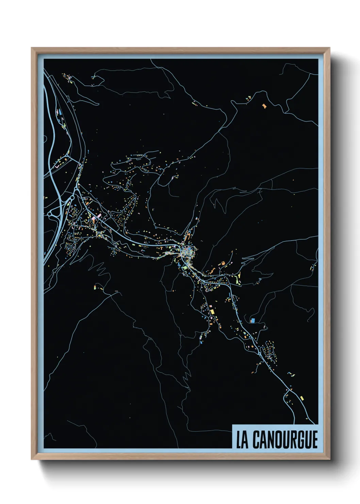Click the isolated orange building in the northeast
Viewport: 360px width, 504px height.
coord(264,106)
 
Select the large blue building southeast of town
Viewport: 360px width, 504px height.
coord(252,320)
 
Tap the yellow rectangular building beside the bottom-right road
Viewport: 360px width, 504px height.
coord(302,398)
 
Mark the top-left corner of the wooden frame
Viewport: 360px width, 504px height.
coord(32,48)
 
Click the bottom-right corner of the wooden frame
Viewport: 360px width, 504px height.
coord(329,459)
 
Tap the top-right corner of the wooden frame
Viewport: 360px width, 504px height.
coord(329,48)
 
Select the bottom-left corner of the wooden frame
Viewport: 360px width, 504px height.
coord(32,459)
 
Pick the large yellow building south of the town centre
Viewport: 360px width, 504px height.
coord(212,311)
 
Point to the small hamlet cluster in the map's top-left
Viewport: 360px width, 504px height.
coord(67,77)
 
